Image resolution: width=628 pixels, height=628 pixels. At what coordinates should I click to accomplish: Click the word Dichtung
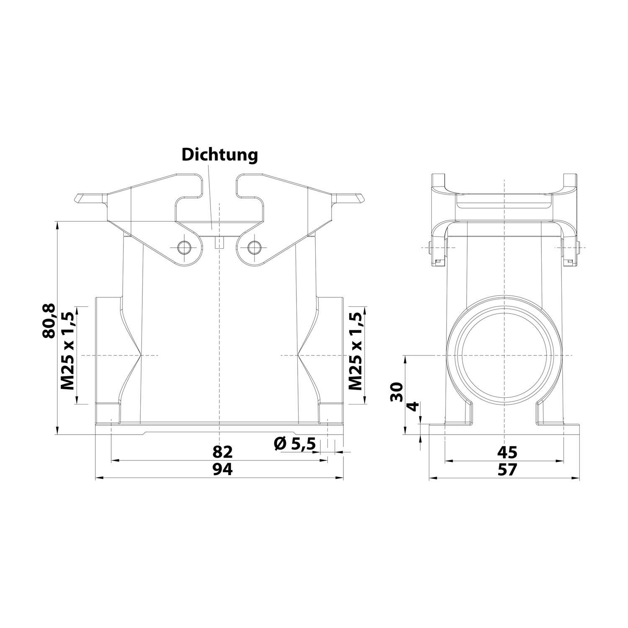pos(219,155)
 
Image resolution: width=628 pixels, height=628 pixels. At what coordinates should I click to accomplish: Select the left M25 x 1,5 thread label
pos(68,351)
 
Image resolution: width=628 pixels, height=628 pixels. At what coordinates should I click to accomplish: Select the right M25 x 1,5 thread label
pos(356,351)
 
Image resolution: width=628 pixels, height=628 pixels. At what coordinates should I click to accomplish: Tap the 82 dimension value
pos(222,452)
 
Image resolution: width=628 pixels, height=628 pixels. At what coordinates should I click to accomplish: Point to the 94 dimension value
pos(222,470)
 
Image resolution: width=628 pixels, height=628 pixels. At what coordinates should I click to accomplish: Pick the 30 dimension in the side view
pos(396,391)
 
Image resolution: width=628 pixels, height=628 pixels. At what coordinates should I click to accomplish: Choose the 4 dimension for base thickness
pos(413,406)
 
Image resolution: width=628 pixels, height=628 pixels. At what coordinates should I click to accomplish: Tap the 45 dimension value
pos(507,452)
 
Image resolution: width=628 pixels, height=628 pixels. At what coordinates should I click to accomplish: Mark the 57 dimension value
pos(507,470)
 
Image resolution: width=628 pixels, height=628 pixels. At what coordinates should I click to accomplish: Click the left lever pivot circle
pos(183,247)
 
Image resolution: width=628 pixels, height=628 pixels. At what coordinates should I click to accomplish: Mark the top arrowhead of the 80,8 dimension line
pos(57,224)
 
